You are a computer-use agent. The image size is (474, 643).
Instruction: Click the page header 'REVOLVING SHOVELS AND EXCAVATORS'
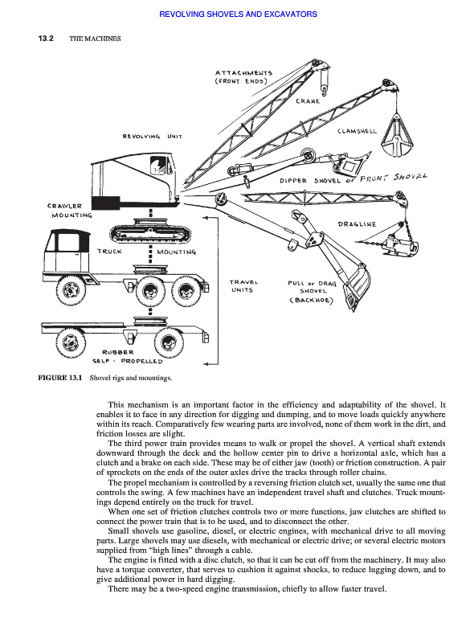tap(238, 14)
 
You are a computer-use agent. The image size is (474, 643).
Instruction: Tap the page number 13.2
tap(46, 39)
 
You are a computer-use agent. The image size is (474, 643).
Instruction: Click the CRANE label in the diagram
tap(308, 101)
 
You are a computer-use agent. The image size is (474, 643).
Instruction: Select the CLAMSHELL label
tap(357, 131)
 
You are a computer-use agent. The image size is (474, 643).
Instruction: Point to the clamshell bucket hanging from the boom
tap(397, 135)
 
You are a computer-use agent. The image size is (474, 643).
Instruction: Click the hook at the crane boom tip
tap(324, 90)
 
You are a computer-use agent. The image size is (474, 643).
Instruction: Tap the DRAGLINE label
tap(357, 224)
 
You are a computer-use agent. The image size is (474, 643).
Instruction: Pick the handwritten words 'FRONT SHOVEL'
tap(393, 178)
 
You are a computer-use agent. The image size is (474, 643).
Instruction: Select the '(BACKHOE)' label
tap(311, 300)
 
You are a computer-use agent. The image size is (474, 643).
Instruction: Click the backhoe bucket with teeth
tap(355, 287)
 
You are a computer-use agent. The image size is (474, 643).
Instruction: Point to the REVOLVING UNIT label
tap(152, 136)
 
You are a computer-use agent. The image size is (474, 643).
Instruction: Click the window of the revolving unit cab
tap(158, 166)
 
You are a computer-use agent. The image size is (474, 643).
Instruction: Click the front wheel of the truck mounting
tap(72, 290)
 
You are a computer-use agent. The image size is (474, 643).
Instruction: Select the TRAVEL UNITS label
tap(243, 286)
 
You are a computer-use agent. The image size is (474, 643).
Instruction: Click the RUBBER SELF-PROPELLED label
tap(128, 357)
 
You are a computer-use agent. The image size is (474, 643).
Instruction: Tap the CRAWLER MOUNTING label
tap(70, 211)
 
